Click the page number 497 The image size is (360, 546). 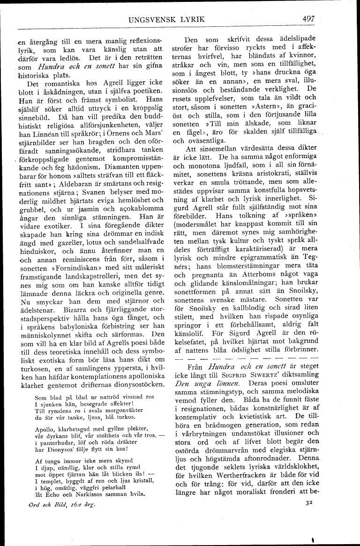308,19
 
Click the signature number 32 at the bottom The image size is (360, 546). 307,502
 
